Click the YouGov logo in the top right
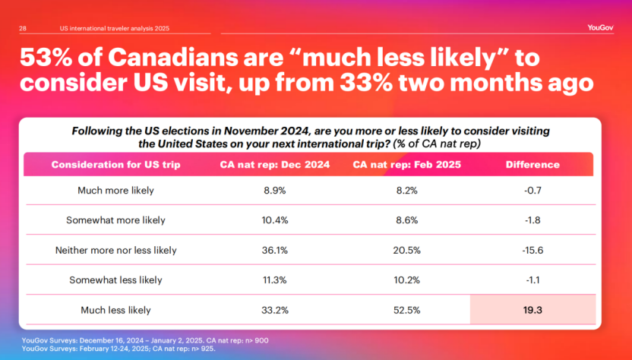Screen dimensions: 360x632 tap(599, 28)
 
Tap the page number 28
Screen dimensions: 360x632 tap(23, 28)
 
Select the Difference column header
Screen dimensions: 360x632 tap(532, 165)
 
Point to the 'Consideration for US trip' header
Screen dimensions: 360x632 tap(115, 165)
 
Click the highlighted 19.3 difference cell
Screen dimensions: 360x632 tap(532, 310)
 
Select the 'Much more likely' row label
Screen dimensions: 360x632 tap(115, 191)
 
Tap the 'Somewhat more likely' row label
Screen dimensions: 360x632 tap(115, 220)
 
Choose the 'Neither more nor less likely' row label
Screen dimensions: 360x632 tap(115, 250)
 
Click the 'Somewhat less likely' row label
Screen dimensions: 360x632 tap(115, 279)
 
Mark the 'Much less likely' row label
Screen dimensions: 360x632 tap(115, 310)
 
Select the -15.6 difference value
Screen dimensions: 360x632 tap(532, 250)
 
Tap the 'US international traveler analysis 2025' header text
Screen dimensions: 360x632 tap(114, 28)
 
